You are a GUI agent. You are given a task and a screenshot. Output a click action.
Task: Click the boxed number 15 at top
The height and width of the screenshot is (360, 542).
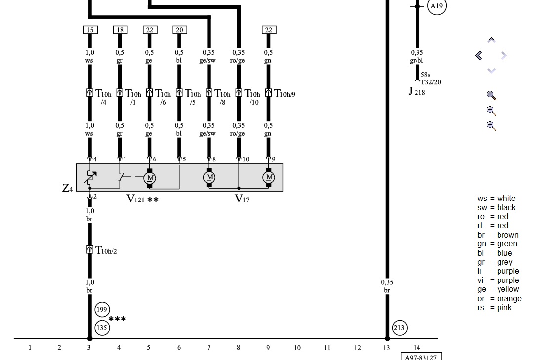point(90,30)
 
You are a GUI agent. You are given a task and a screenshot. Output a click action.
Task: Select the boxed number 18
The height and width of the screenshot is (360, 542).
point(120,30)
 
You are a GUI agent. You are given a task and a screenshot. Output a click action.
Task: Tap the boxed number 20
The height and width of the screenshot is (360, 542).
point(179,30)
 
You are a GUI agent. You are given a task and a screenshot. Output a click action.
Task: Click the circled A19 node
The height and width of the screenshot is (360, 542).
point(436,6)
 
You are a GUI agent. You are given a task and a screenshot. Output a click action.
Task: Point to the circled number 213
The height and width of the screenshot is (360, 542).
point(400,328)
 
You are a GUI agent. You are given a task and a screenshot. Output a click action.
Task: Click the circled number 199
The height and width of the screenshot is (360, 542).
point(102,310)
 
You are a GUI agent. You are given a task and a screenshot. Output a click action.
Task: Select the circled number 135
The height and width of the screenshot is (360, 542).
point(102,327)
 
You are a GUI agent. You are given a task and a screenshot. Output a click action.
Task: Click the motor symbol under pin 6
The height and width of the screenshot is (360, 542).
point(150,177)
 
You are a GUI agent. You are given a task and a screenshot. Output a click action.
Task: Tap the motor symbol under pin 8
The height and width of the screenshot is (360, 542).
point(209,177)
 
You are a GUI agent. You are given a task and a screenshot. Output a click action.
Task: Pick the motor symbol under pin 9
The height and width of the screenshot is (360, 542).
point(269,177)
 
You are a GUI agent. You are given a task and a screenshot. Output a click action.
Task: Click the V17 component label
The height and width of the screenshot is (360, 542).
point(242,199)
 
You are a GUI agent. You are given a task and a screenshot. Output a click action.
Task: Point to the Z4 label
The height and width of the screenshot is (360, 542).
point(68,188)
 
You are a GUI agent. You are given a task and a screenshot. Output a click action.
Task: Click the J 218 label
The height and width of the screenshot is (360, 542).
point(417,92)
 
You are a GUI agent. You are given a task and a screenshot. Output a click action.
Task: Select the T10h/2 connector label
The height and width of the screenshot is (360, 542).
point(106,251)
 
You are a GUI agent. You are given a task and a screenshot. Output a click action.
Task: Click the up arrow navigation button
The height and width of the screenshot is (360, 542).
point(491,40)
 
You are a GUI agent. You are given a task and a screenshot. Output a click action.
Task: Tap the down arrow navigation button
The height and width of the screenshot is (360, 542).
point(491,71)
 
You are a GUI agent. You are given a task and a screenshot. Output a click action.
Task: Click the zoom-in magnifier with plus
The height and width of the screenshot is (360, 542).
point(491,111)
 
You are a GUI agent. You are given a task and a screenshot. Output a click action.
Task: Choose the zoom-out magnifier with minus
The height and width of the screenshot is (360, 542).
point(491,126)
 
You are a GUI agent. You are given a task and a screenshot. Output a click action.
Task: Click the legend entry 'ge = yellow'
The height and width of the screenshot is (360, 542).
point(498,289)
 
